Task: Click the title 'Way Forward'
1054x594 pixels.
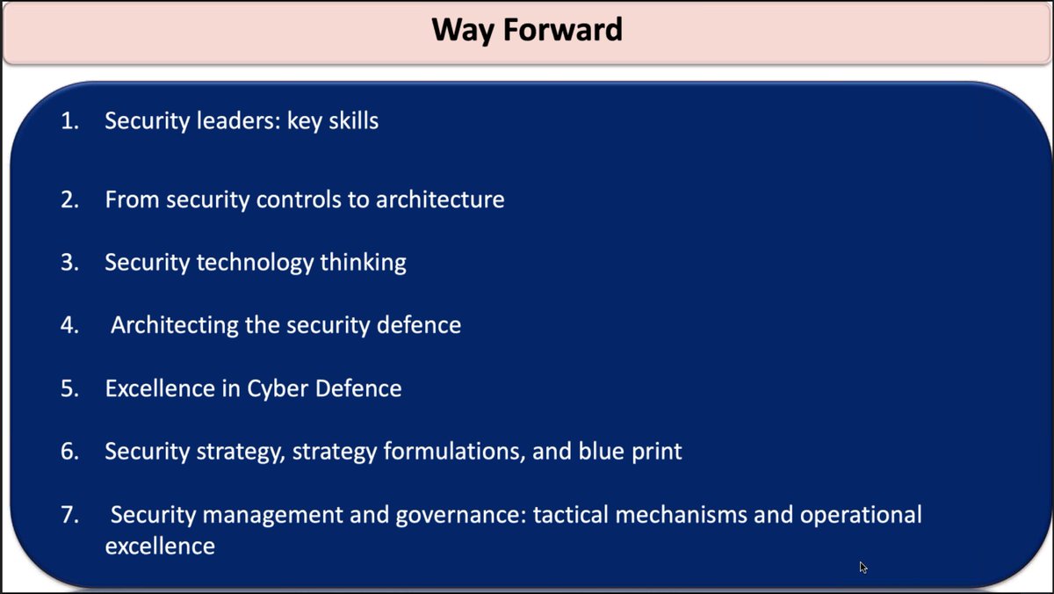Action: coord(527,29)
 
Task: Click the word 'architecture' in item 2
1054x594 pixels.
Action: coord(440,199)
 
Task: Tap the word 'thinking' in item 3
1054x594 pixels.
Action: coord(364,262)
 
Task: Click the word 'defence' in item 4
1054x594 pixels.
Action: coord(419,325)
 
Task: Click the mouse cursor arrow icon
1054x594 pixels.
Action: coord(863,568)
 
